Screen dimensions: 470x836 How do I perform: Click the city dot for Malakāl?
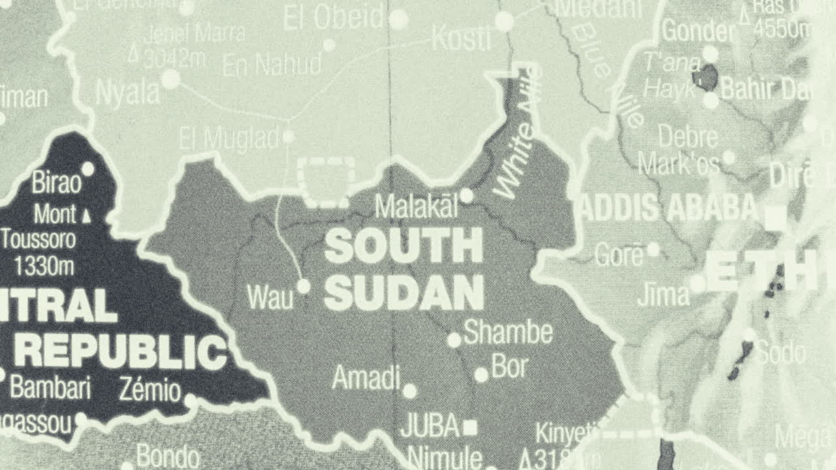[466, 196]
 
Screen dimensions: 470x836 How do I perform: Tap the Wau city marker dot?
[303, 286]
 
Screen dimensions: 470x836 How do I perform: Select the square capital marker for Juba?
[470, 428]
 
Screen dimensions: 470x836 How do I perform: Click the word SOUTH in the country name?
[403, 246]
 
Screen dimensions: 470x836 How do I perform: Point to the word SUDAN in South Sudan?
[404, 293]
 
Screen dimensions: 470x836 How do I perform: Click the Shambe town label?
[508, 333]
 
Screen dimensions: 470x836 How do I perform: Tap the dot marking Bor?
[481, 375]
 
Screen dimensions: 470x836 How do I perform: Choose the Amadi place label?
[366, 377]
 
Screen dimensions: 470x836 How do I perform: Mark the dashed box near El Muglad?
[327, 181]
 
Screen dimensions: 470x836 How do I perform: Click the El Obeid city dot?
[398, 20]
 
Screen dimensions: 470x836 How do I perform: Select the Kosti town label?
[461, 40]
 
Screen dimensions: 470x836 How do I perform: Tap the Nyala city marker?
[170, 80]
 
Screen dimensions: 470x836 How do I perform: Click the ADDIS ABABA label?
[667, 208]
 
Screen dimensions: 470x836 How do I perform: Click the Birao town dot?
[88, 169]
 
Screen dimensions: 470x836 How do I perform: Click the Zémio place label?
[150, 391]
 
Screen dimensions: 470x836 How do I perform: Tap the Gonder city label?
[698, 31]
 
